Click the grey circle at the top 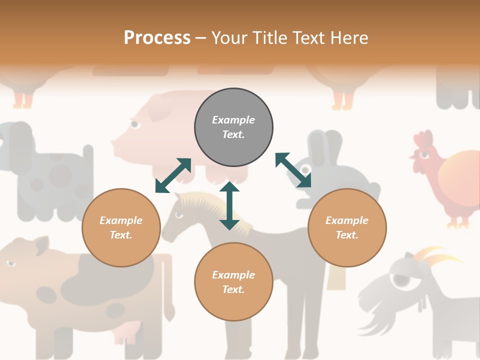233,127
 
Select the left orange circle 121,227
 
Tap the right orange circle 347,227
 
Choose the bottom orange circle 233,282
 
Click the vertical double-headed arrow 229,206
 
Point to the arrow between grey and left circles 173,175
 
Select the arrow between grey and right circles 293,170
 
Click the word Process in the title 157,37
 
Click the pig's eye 134,123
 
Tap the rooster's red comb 423,140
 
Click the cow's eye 10,263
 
